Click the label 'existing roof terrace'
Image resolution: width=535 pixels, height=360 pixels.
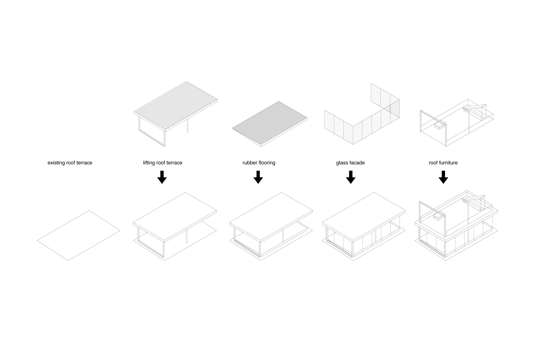click(x=70, y=163)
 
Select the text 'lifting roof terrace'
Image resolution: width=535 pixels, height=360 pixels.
click(x=163, y=163)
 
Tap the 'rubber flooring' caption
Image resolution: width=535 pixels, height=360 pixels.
click(x=259, y=163)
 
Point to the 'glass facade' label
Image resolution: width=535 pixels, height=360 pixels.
click(x=350, y=163)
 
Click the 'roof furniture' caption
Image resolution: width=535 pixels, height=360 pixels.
click(x=443, y=163)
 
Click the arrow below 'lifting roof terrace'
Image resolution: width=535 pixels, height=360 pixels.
click(x=162, y=177)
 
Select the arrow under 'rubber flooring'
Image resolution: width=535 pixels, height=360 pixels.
click(x=258, y=177)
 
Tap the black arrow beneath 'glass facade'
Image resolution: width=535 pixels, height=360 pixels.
click(x=351, y=177)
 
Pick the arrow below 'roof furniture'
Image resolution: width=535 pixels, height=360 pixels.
click(x=443, y=177)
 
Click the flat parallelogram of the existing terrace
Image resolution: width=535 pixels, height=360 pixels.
click(x=79, y=235)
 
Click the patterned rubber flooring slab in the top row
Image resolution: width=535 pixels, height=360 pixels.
click(x=270, y=123)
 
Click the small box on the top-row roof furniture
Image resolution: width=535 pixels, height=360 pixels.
click(x=439, y=126)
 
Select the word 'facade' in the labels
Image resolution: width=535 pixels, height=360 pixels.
click(x=357, y=163)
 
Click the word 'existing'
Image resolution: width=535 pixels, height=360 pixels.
click(x=56, y=163)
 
